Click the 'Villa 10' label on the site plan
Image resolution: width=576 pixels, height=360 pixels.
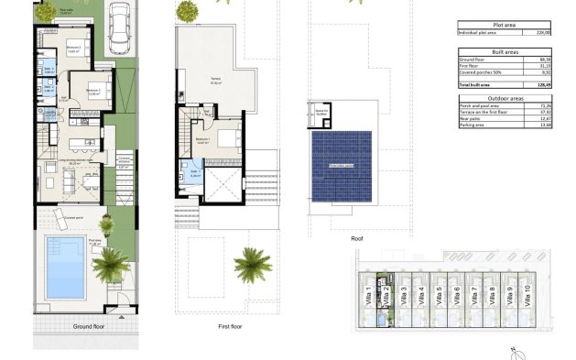coord(526,295)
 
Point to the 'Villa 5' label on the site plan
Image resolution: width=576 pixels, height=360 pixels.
coord(439,295)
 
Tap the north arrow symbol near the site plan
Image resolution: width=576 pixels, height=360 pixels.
coord(519,351)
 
